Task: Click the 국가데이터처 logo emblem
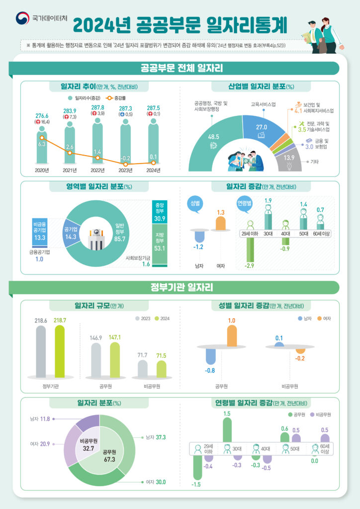[x=22, y=18]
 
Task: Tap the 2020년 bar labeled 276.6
[x=42, y=147]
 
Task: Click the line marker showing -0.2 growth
[x=125, y=164]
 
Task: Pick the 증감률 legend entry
[x=112, y=98]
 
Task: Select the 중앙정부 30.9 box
[x=160, y=212]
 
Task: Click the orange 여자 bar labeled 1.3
[x=221, y=224]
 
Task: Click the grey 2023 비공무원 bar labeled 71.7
[x=142, y=368]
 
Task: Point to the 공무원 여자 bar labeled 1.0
[x=232, y=337]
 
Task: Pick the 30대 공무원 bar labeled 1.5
[x=227, y=430]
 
